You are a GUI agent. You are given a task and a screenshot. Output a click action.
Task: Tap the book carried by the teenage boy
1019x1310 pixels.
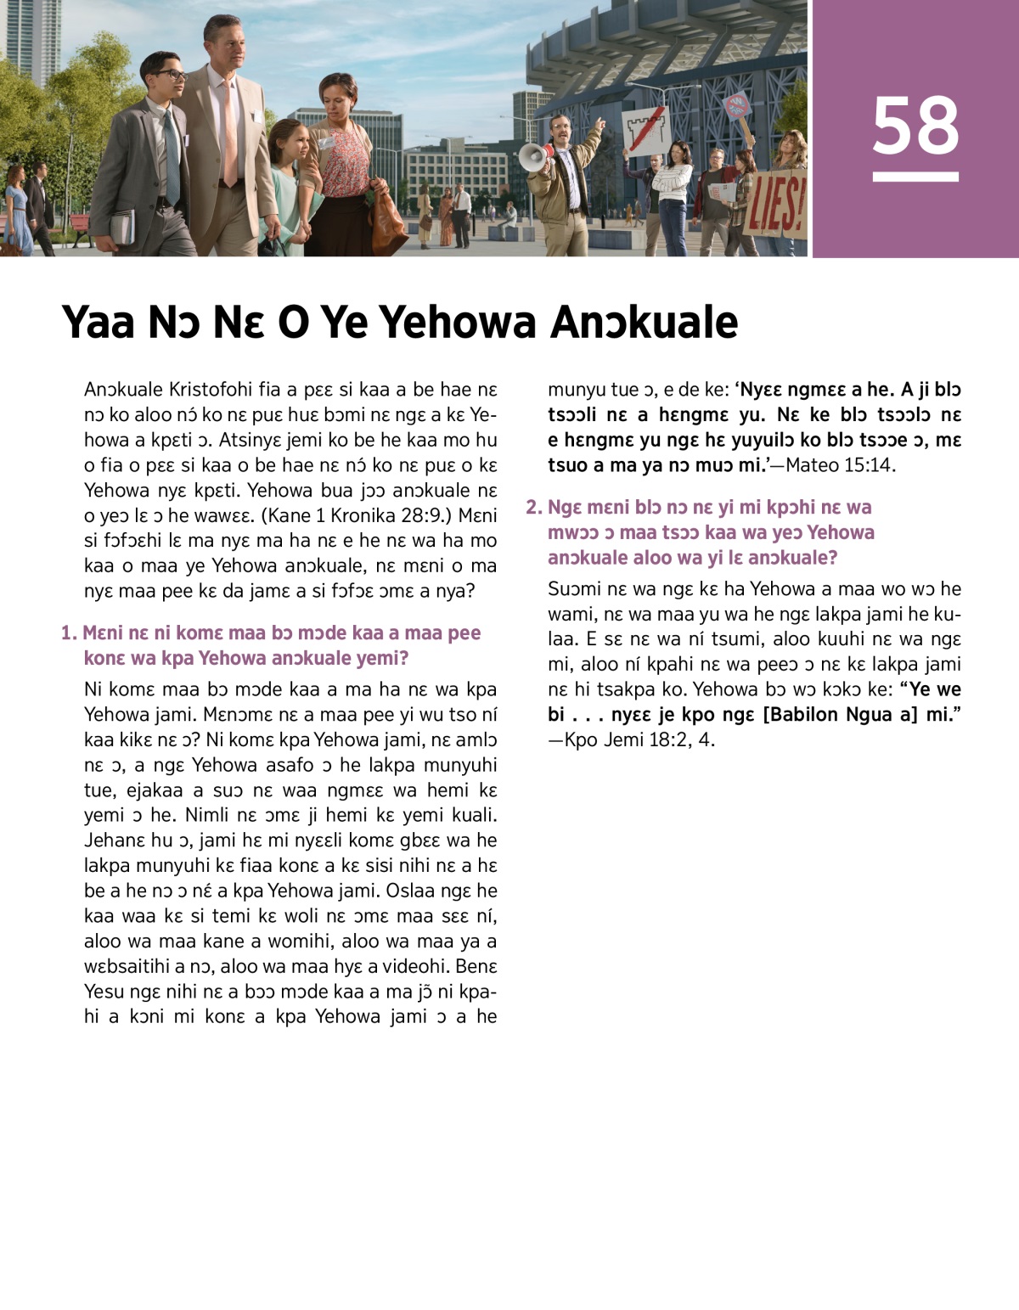(122, 227)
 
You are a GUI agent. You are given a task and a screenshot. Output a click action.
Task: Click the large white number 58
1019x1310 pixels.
(915, 126)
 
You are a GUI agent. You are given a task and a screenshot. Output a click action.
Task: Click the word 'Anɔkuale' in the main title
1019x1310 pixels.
(645, 322)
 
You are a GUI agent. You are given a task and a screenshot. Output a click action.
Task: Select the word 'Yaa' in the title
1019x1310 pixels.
(99, 322)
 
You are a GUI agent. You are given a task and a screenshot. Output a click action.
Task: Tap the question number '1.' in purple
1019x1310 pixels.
(69, 633)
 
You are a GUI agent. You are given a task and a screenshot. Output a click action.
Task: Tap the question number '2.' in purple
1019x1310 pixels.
(534, 507)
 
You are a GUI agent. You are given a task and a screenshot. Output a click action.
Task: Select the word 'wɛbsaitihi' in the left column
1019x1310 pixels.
(127, 966)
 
